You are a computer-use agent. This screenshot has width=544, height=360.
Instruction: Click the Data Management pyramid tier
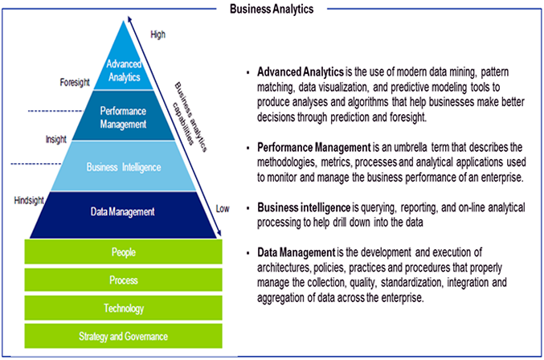pos(122,212)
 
